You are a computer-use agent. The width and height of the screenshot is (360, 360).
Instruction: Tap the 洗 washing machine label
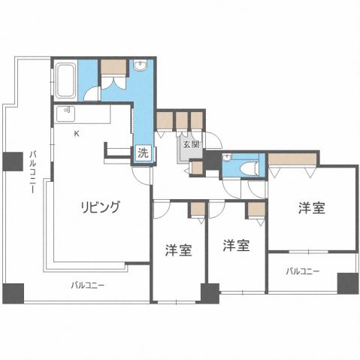point(143,152)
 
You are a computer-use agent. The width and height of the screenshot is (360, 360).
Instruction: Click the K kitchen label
point(76,133)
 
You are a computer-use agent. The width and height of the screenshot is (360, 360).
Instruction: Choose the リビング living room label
point(100,207)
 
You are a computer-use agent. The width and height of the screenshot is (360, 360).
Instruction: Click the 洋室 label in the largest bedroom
point(312,208)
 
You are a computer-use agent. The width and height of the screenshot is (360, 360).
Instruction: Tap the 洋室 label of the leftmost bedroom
point(178,250)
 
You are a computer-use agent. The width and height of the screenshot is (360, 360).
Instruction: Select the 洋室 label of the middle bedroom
point(235,245)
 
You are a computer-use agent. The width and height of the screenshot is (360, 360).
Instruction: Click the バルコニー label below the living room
point(88,285)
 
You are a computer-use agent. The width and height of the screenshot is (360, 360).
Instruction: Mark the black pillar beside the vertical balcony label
point(12,161)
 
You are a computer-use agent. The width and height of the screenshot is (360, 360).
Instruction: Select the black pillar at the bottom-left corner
point(13,292)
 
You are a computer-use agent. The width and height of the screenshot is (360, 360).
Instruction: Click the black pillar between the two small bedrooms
point(210,292)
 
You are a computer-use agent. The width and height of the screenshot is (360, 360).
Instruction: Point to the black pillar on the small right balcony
point(347,283)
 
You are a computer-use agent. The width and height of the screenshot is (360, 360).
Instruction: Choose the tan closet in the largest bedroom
point(294,159)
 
